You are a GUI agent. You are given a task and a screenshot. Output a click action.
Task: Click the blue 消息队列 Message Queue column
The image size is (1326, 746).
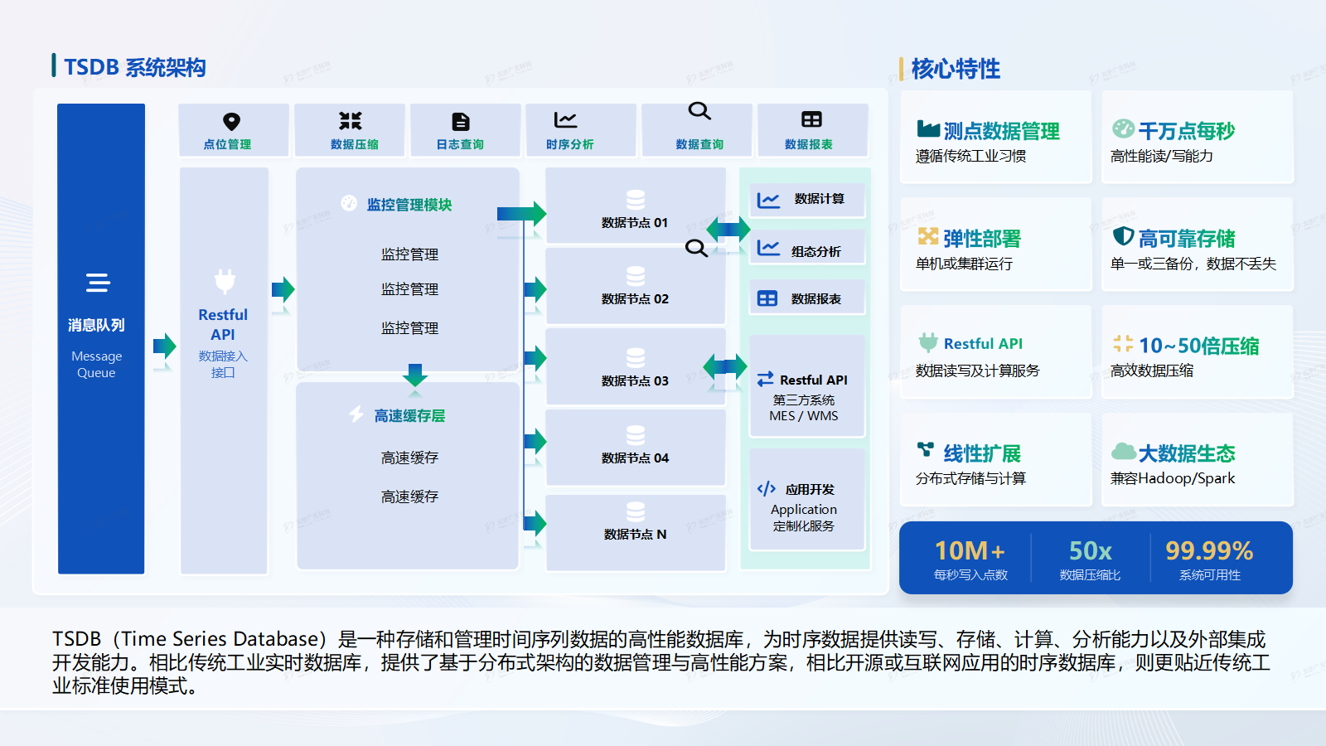(100, 338)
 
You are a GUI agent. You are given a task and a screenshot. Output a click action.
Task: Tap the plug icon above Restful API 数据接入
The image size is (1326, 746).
(225, 282)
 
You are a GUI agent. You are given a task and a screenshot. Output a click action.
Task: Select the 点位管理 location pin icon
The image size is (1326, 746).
(232, 122)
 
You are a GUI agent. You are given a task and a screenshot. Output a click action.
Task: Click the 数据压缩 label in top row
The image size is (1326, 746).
(354, 144)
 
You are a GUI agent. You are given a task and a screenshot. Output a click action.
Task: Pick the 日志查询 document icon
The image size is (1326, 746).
(461, 122)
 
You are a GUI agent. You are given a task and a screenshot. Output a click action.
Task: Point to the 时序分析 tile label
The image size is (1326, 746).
(569, 144)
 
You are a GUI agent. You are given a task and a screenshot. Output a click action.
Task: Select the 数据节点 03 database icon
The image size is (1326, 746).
(636, 358)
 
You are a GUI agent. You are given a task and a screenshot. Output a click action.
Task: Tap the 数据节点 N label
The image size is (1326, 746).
(635, 535)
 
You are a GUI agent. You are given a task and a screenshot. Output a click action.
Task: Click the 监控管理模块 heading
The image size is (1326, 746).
(409, 205)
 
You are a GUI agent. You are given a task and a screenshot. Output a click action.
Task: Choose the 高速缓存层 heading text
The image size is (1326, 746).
(409, 416)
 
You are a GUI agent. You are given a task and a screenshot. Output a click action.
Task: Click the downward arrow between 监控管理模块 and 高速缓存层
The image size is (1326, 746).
(415, 375)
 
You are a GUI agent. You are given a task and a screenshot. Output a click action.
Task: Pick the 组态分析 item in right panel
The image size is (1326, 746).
(815, 251)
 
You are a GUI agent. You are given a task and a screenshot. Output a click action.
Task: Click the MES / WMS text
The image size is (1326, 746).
(803, 416)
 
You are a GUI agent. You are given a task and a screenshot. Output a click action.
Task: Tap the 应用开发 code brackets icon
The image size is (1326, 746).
(767, 489)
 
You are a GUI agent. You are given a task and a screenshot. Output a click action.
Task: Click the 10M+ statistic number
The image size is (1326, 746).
(970, 550)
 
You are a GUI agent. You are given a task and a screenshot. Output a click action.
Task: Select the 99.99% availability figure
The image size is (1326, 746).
(1209, 550)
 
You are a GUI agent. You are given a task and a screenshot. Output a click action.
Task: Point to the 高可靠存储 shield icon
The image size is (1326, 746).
(1123, 236)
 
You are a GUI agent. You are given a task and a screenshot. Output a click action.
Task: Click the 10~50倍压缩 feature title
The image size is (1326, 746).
(1198, 346)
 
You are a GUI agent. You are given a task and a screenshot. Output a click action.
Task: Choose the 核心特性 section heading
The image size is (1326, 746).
(956, 69)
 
